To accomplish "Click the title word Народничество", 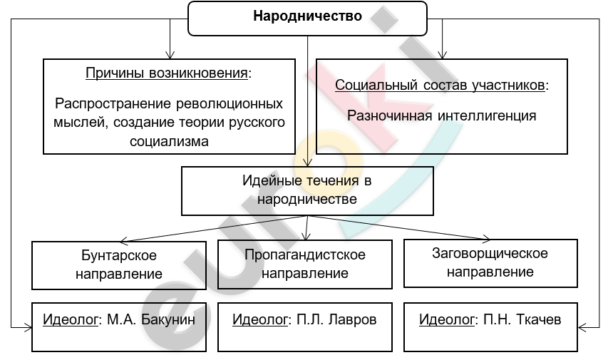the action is pyautogui.click(x=307, y=16).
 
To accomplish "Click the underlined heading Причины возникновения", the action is pyautogui.click(x=167, y=73).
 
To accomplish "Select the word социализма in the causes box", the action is pyautogui.click(x=169, y=141).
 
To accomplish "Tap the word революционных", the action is pyautogui.click(x=230, y=104).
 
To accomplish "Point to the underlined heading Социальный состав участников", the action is pyautogui.click(x=440, y=85).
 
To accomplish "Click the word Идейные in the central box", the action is pyautogui.click(x=272, y=180).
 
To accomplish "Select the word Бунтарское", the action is pyautogui.click(x=119, y=255).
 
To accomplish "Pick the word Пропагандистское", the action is pyautogui.click(x=305, y=254).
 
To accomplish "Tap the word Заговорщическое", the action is pyautogui.click(x=490, y=254).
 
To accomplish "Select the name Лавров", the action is pyautogui.click(x=354, y=319).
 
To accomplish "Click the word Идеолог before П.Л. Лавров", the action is pyautogui.click(x=260, y=319).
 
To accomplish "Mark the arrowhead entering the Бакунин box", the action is pyautogui.click(x=29, y=328).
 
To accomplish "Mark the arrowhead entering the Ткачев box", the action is pyautogui.click(x=582, y=328).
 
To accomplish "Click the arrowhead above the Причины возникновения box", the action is pyautogui.click(x=170, y=55).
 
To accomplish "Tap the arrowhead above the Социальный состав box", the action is pyautogui.click(x=442, y=55).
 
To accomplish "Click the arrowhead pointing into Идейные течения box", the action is pyautogui.click(x=307, y=163).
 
